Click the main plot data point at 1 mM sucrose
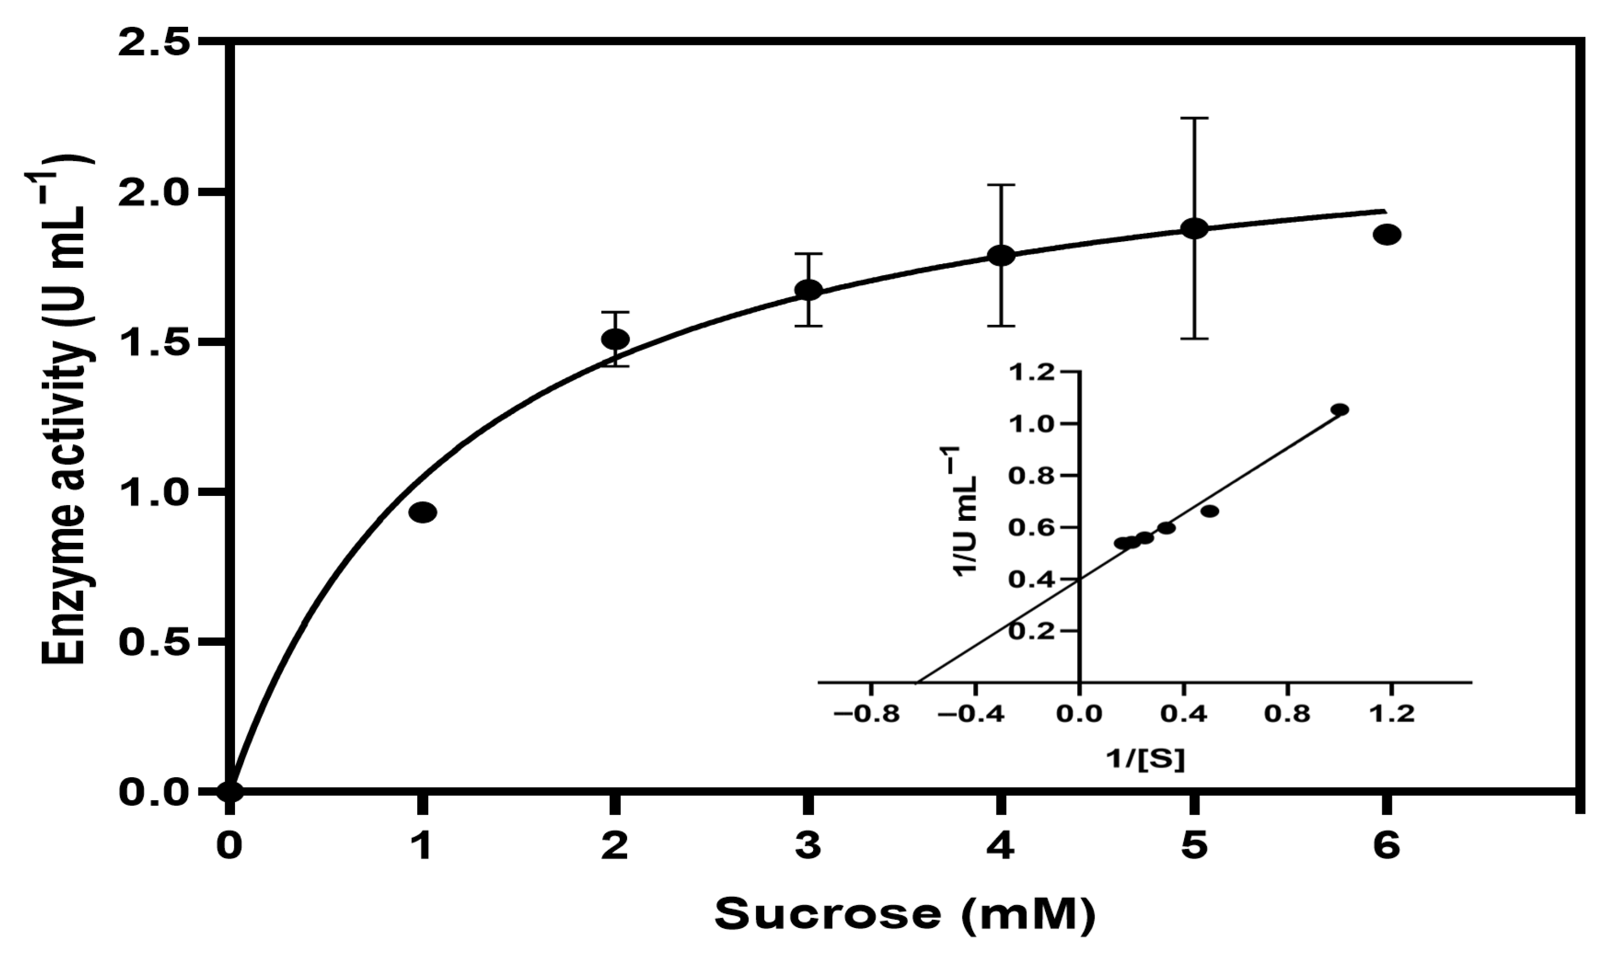coord(423,512)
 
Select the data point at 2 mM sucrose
coord(615,339)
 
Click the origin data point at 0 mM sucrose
coord(230,791)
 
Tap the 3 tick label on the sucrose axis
coord(808,848)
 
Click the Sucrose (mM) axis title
coord(905,914)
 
